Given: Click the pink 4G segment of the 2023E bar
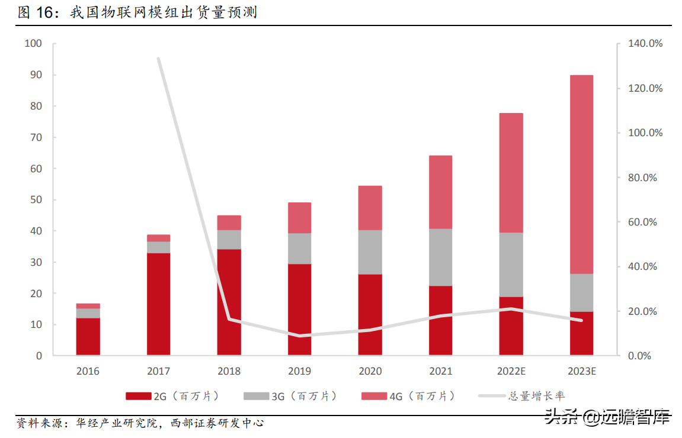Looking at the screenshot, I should [x=581, y=174].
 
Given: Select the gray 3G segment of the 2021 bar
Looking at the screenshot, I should [x=440, y=257].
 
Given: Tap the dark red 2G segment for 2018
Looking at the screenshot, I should [x=229, y=302].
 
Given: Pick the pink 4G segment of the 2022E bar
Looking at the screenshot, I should [x=511, y=172].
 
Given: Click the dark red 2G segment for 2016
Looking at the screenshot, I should [x=88, y=336].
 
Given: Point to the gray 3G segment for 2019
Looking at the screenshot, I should [x=299, y=248].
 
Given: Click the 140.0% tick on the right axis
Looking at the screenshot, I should [x=645, y=44].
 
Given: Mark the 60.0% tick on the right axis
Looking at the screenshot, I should [x=645, y=222].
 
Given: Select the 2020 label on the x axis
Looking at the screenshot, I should [x=370, y=372].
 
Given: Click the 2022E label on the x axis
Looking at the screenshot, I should [x=511, y=372].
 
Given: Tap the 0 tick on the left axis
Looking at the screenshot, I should [x=39, y=356].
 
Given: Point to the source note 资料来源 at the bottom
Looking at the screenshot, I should [x=140, y=423].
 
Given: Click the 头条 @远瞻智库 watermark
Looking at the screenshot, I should [x=607, y=417].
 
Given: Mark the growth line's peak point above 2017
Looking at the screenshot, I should [x=158, y=59].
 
